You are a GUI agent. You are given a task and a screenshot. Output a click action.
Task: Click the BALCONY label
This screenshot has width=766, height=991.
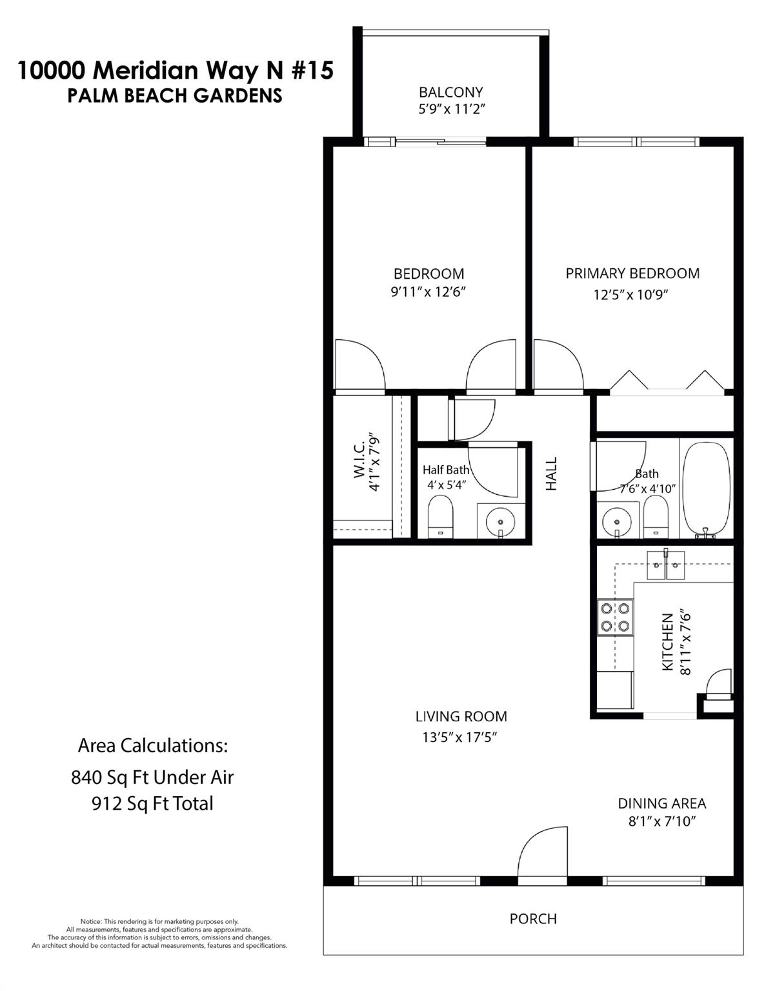450,92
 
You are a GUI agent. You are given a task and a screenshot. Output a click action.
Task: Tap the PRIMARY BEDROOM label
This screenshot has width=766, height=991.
632,274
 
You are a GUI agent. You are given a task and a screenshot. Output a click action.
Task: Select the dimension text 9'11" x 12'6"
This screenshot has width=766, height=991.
428,292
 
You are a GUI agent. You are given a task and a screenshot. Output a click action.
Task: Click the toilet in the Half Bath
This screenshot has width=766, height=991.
441,516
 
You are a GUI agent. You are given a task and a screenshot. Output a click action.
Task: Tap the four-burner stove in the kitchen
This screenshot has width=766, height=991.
615,617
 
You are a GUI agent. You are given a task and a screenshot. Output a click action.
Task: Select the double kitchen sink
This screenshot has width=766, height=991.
666,566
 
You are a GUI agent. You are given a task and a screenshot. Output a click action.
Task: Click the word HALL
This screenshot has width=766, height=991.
551,474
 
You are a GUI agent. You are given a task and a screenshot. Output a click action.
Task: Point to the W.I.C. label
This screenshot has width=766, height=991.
359,459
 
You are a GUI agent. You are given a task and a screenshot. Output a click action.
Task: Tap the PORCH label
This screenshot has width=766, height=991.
533,919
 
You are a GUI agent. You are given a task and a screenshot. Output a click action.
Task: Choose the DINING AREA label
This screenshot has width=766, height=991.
661,804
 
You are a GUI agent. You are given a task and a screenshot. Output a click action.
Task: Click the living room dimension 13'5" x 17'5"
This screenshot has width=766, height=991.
459,737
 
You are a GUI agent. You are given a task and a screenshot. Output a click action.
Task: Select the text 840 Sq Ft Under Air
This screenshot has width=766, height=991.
152,777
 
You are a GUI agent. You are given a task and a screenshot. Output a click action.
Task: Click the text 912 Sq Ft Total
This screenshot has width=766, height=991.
152,804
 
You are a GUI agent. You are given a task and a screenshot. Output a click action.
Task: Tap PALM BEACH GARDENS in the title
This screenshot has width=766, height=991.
175,95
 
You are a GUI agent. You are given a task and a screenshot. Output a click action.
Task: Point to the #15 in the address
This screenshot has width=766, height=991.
312,70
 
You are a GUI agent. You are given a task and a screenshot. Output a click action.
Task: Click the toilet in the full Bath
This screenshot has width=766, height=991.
656,516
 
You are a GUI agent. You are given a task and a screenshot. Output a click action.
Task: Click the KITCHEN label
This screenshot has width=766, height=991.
668,642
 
